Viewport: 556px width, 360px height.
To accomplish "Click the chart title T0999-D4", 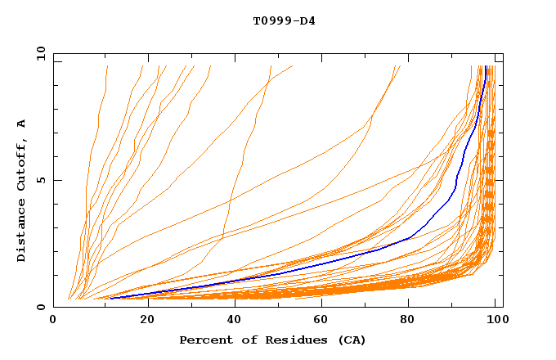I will tap(284, 21).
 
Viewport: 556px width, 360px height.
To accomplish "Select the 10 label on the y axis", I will tap(39, 53).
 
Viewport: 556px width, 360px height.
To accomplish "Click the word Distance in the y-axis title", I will tap(22, 232).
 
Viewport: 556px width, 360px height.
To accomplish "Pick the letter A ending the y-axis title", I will tap(22, 123).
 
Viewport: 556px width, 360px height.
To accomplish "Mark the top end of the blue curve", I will tap(486, 67).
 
